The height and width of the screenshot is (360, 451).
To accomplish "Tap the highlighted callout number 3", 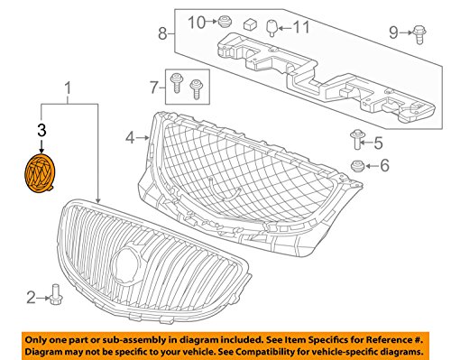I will point(40,132).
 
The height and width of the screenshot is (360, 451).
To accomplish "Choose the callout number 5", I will point(377,142).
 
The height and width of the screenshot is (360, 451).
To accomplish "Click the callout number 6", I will point(382,165).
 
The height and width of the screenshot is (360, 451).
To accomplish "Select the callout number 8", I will point(161,35).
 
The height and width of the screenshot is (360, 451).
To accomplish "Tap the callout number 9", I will point(392,32).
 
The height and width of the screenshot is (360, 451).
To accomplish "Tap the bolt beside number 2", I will point(56,294).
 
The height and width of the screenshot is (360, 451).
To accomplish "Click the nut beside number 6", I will point(358,165).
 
